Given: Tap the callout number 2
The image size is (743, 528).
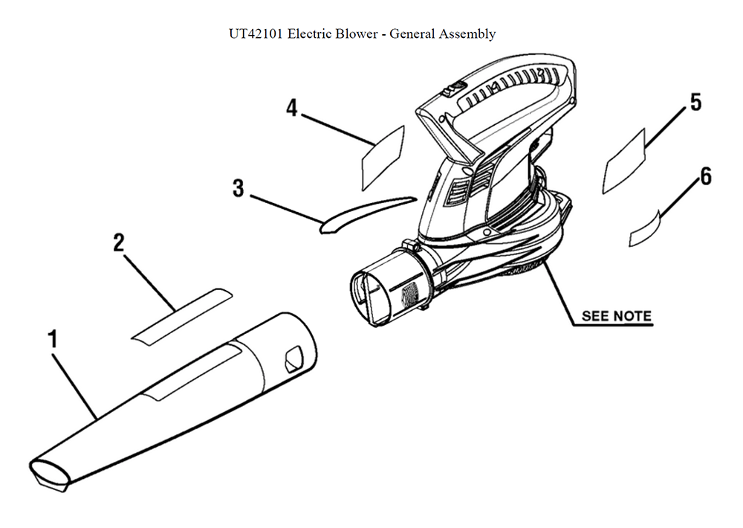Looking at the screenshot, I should [x=118, y=242].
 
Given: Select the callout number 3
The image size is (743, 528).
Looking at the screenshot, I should [x=238, y=188].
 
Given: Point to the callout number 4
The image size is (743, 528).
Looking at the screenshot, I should [x=292, y=109].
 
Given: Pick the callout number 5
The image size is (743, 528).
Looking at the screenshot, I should [x=695, y=102].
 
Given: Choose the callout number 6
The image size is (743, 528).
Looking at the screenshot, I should [x=705, y=176].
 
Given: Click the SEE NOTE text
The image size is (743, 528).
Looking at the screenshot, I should [x=616, y=316].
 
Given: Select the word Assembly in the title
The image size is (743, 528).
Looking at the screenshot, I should [x=467, y=34].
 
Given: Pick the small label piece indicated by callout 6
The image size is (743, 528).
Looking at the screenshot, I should [x=644, y=227].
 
